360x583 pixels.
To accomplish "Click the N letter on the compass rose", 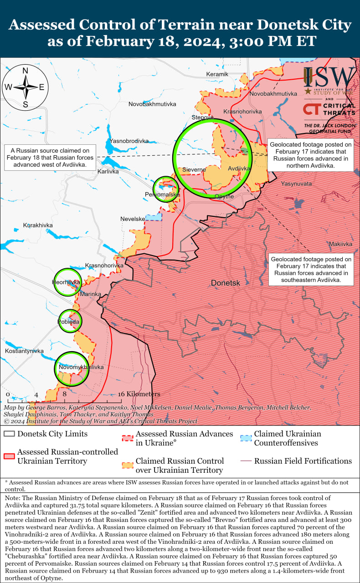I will point(26,71).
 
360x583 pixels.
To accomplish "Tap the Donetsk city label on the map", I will point(226,283).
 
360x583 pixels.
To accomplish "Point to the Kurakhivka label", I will point(38,225).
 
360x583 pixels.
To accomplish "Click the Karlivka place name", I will point(108,171).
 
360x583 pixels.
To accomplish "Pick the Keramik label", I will point(217,74).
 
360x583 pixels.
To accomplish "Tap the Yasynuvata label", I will point(296,184).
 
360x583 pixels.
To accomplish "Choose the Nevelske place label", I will point(133,219).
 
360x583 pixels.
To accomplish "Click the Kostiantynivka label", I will point(24,351).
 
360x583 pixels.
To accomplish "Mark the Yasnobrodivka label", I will point(129,141).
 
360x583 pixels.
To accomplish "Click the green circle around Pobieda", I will point(69,321).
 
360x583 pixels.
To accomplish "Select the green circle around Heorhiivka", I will point(67,282).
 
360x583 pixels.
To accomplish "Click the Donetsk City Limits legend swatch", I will point(9,434).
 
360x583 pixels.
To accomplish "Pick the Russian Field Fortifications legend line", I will point(246,461).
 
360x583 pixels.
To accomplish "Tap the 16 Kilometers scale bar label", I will point(139,394).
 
